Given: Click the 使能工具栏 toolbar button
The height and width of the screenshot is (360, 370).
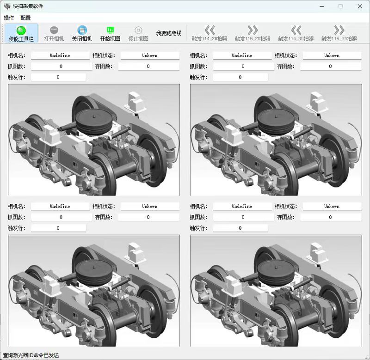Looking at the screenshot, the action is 21,33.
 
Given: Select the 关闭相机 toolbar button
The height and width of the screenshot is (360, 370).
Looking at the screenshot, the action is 82,33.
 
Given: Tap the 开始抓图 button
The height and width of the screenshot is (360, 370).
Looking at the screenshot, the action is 110,33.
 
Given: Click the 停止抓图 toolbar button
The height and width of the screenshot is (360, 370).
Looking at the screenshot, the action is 138,33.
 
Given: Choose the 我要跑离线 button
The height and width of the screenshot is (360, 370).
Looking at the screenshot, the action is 169,33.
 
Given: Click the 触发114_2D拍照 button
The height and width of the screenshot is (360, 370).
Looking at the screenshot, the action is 210,33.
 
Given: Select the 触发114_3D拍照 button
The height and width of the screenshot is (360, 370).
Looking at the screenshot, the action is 296,33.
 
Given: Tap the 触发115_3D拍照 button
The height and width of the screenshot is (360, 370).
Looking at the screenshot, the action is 339,33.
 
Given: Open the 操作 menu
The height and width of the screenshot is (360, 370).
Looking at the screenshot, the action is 9,18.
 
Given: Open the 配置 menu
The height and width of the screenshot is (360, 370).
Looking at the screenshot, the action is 25,18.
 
